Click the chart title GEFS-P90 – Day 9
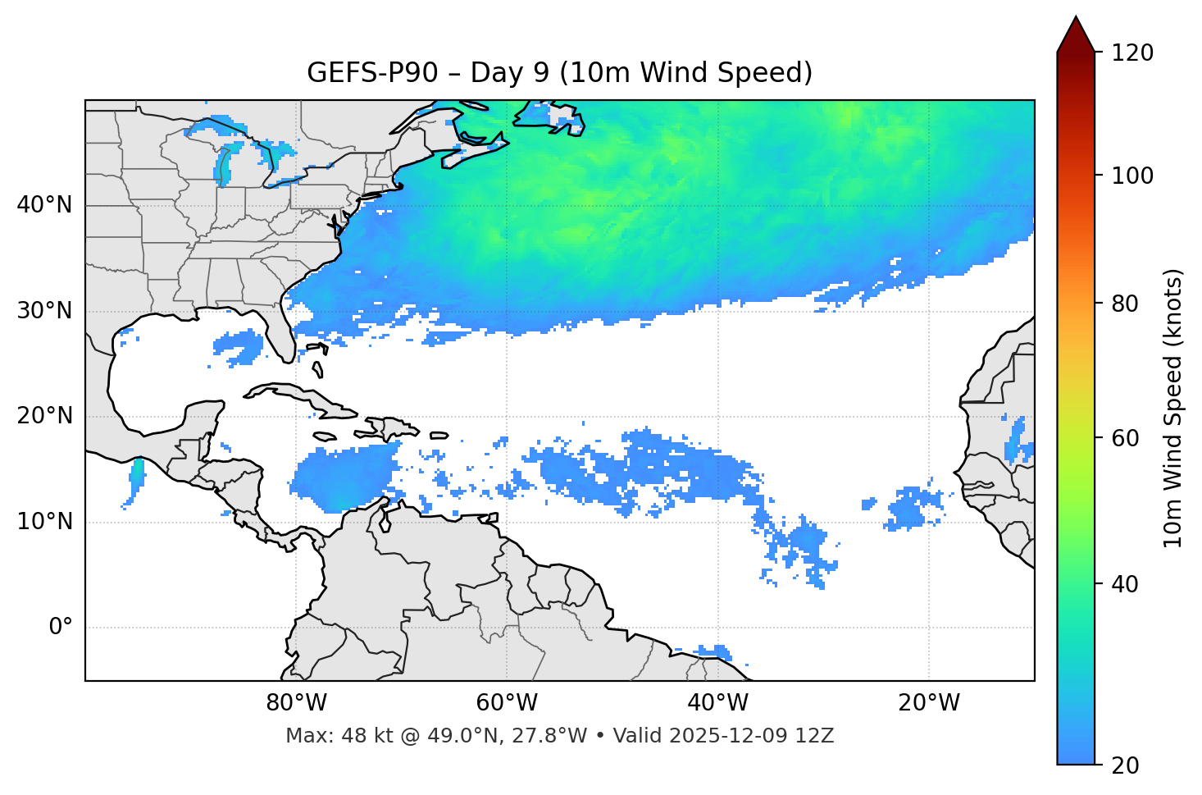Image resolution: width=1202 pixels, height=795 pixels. click(x=559, y=73)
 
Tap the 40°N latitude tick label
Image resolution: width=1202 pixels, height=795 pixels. click(x=44, y=205)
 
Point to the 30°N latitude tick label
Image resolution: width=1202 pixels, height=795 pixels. click(x=44, y=311)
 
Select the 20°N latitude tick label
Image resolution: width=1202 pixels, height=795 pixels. click(x=44, y=416)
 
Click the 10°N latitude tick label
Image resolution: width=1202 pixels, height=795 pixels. click(x=44, y=522)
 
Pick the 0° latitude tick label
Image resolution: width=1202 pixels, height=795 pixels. click(x=61, y=628)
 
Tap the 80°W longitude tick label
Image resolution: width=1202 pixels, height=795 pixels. click(x=296, y=703)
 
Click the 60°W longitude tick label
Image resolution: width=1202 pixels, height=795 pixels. click(x=507, y=703)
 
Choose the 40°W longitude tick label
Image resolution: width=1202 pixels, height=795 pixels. click(x=718, y=703)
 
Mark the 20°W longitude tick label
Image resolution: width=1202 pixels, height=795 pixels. click(x=929, y=703)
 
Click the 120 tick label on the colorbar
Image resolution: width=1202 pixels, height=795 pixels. click(x=1132, y=53)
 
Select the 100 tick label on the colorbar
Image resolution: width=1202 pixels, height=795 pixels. click(x=1132, y=176)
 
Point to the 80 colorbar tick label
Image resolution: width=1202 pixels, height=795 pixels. click(x=1127, y=304)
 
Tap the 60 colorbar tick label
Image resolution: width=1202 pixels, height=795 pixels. click(x=1127, y=438)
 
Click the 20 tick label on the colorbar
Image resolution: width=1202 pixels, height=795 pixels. click(x=1127, y=765)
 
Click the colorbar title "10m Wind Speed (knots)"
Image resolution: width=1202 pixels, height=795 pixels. click(x=1173, y=408)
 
